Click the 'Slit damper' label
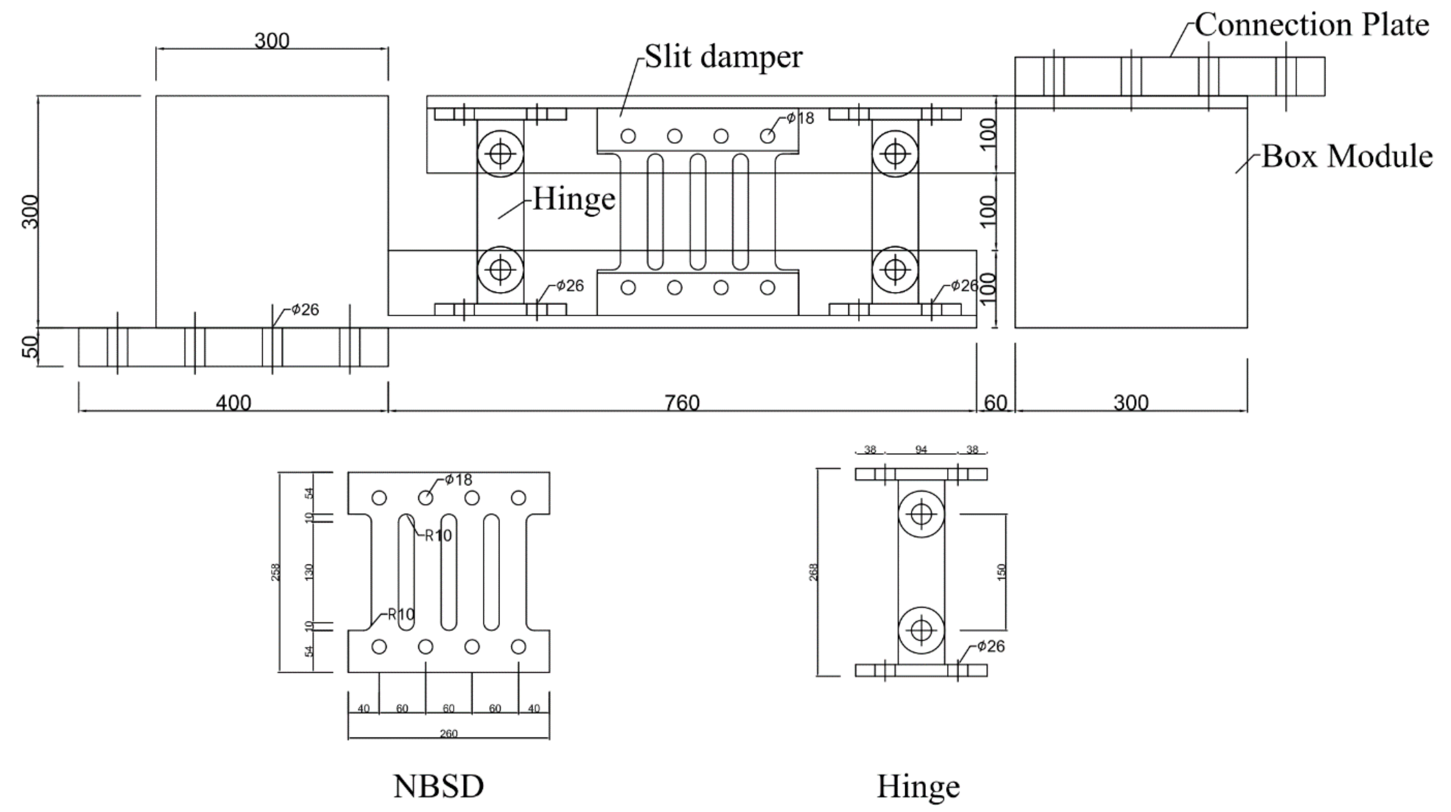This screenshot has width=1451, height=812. pos(723,57)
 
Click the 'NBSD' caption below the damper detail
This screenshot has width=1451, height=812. pos(438,786)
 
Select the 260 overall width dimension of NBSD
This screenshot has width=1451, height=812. pos(449,733)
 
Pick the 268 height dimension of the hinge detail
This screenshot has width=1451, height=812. pos(813,572)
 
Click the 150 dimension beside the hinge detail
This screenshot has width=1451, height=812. pos(1001,572)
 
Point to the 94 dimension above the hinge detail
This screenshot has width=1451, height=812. pos(921,449)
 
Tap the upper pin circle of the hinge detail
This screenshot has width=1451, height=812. pos(921,514)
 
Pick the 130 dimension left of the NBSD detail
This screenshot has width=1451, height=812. pos(308,572)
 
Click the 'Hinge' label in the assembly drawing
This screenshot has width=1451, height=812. pos(573,199)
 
